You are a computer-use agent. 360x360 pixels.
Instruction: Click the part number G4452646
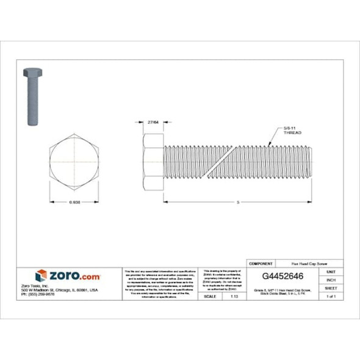[283, 276]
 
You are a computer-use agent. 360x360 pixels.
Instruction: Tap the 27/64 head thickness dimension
[145, 123]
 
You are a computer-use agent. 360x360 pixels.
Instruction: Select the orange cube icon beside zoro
[41, 276]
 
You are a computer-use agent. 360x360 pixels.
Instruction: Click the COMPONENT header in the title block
[261, 263]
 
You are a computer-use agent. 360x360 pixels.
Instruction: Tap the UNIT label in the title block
[331, 272]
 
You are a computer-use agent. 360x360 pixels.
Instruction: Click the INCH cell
[331, 280]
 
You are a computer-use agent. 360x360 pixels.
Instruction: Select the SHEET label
[331, 288]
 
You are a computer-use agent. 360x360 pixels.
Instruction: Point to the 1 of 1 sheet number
[331, 296]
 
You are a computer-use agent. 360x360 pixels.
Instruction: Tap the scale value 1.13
[234, 296]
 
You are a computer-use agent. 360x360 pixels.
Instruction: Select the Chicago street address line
[68, 290]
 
